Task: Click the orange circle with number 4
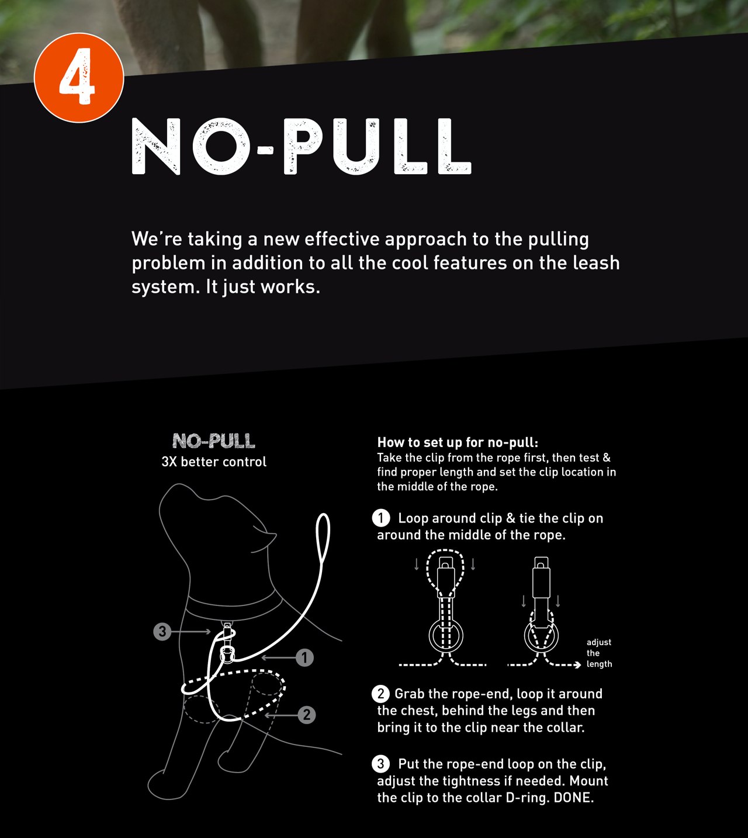79,78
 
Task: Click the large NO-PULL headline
302,147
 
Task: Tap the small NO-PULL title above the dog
213,441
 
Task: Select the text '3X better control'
214,462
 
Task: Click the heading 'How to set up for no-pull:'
458,442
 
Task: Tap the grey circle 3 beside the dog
162,632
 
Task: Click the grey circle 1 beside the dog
304,657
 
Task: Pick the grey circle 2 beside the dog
307,715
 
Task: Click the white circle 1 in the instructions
380,518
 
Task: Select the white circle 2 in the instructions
380,694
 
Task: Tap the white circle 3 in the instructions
380,764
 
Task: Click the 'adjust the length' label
599,653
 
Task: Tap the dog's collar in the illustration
234,605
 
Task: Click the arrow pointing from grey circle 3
191,632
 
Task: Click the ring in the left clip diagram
445,636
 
